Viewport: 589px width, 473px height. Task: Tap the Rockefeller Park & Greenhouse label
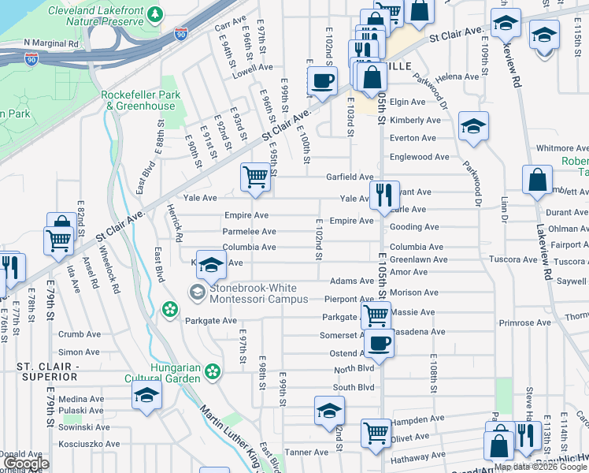(141, 100)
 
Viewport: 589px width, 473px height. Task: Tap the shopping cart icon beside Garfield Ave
(255, 177)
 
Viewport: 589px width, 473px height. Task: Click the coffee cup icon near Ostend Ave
(379, 343)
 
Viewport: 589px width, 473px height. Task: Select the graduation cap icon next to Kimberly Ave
(473, 126)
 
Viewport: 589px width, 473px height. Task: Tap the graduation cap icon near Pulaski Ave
(147, 396)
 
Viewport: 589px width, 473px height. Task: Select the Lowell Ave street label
(252, 68)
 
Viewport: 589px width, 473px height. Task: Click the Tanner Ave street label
(306, 453)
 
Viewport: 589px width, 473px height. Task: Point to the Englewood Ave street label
(424, 157)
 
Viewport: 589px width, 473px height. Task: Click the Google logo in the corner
(28, 464)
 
